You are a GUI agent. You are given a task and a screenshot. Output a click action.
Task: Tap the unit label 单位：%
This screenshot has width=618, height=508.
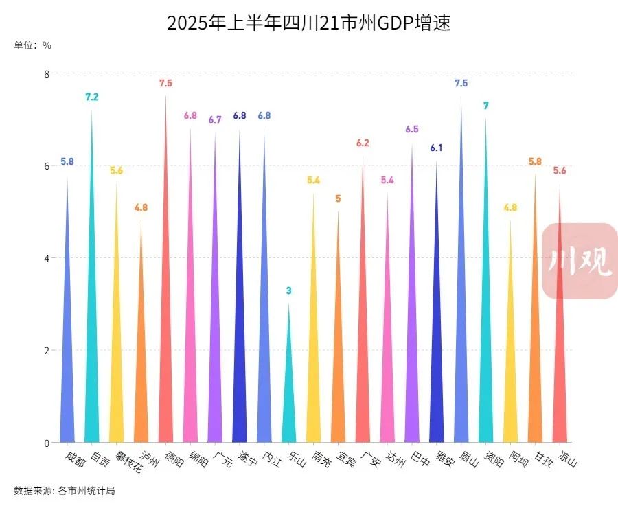click(x=32, y=46)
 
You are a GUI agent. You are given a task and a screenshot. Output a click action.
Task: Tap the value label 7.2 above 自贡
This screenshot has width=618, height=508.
click(x=91, y=97)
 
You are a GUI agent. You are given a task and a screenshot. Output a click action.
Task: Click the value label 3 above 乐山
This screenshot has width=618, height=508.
click(x=288, y=291)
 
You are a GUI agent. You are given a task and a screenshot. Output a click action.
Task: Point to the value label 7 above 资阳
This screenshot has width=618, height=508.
click(x=485, y=106)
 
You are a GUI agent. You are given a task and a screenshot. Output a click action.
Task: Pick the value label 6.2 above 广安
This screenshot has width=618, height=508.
click(x=363, y=143)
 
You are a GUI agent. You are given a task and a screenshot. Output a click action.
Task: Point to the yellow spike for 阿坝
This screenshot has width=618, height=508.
click(x=510, y=371)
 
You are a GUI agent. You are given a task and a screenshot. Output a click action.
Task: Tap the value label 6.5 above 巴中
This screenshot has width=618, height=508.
click(x=412, y=130)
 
